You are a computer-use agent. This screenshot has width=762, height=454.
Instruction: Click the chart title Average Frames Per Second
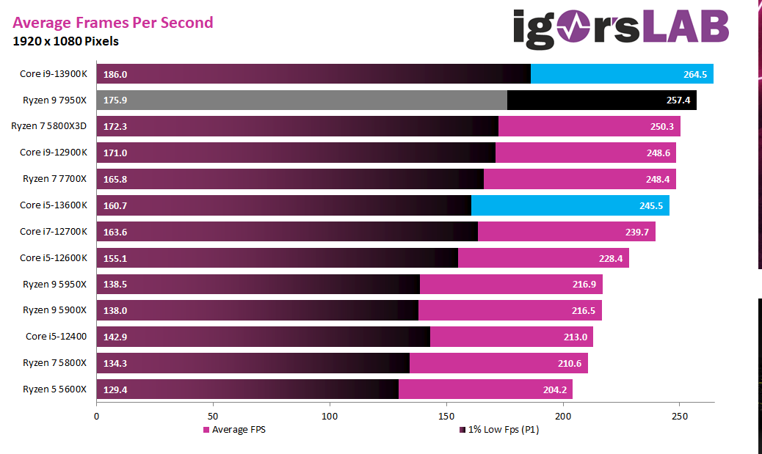tap(113, 23)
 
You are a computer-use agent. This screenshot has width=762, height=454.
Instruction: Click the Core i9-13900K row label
tap(54, 74)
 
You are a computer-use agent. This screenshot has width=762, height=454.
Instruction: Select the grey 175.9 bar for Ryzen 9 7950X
tap(301, 100)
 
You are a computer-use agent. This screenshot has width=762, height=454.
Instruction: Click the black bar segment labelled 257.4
tap(602, 100)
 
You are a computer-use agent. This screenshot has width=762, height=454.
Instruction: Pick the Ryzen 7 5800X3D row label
tap(49, 127)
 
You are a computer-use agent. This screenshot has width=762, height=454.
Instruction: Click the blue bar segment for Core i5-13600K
tap(570, 205)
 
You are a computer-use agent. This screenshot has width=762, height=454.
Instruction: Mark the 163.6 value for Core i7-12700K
tap(115, 232)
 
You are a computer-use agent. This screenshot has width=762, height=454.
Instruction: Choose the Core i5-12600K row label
tap(54, 258)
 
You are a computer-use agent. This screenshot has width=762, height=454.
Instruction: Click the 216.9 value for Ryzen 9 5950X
tap(585, 285)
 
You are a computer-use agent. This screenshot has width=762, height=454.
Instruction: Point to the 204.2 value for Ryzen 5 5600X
tap(555, 389)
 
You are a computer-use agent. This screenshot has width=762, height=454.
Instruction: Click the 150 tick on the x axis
tap(446, 415)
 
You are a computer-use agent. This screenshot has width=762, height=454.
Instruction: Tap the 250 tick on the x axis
tap(679, 415)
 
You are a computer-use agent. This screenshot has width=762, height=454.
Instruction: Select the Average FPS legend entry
tap(234, 430)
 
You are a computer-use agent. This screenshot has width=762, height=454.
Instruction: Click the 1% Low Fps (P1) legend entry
tap(499, 430)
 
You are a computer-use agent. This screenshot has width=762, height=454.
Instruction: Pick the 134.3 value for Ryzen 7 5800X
tap(115, 363)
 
